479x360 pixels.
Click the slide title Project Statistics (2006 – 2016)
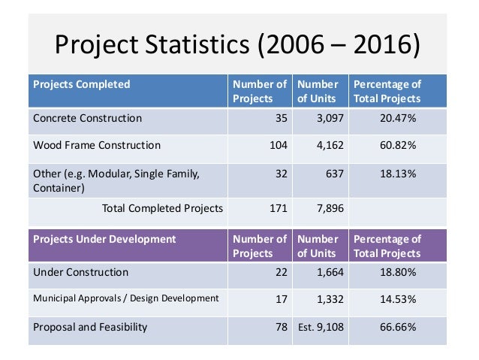238,46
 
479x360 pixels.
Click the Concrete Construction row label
88,118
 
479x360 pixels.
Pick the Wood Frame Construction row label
97,145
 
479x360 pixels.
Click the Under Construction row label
81,272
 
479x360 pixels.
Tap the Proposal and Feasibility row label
90,327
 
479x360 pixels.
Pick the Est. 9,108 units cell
321,327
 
